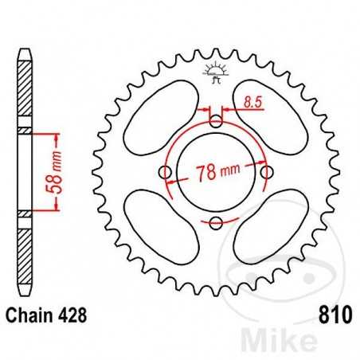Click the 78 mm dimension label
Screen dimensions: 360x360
pos(216,172)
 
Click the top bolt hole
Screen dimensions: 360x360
pos(215,122)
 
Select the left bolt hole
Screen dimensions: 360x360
pos(165,173)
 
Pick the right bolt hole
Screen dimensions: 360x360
pos(266,172)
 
